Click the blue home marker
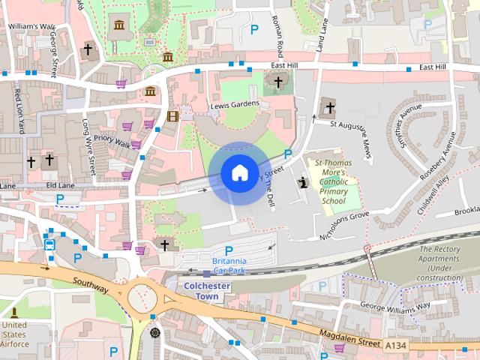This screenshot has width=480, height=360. (238, 173)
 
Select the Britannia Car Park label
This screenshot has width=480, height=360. (229, 265)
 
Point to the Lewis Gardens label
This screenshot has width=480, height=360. (234, 105)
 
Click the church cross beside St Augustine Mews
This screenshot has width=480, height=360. (328, 108)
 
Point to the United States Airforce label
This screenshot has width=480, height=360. (15, 334)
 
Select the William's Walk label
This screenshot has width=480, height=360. (31, 26)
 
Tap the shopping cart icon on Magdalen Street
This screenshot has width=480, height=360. (339, 347)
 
